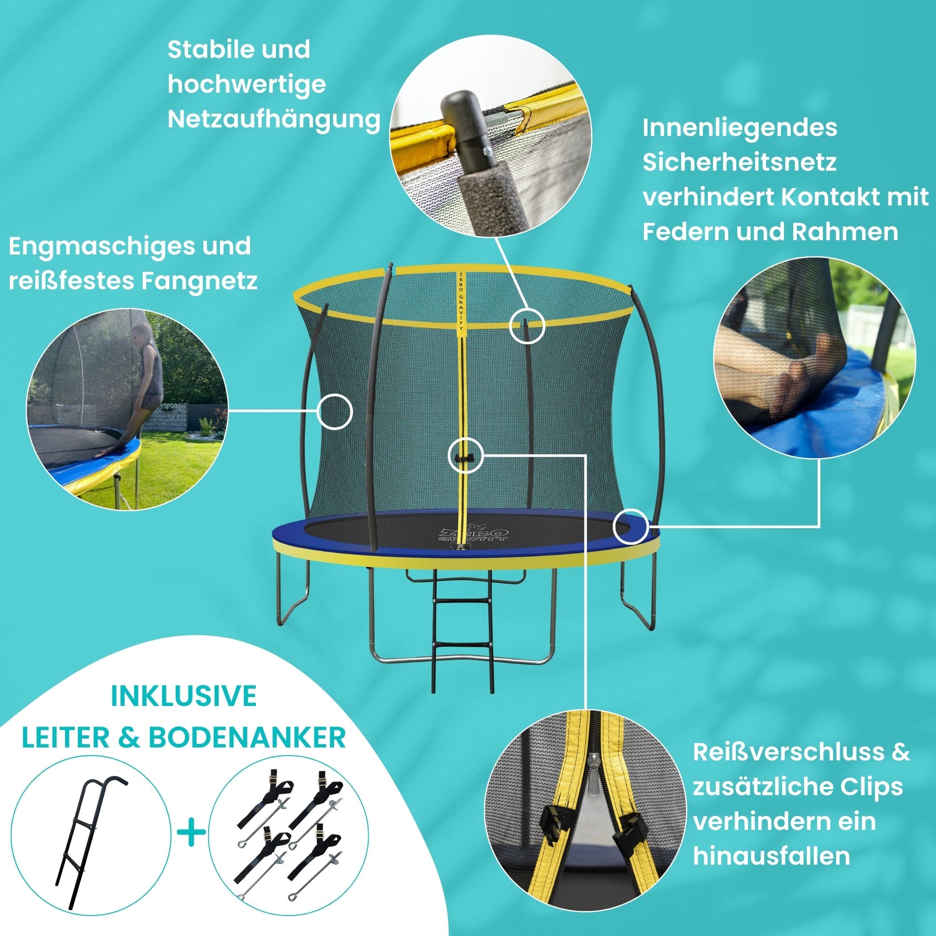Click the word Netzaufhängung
pyautogui.click(x=274, y=119)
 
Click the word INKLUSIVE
pyautogui.click(x=184, y=696)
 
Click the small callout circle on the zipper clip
pyautogui.click(x=465, y=455)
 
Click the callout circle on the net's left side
pyautogui.click(x=335, y=411)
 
